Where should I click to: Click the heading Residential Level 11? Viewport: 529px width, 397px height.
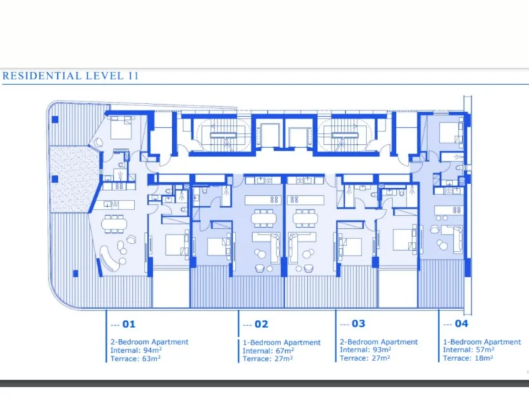pyautogui.click(x=70, y=76)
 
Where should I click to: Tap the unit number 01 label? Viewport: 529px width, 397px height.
pyautogui.click(x=129, y=325)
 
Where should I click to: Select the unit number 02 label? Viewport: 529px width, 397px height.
pyautogui.click(x=261, y=325)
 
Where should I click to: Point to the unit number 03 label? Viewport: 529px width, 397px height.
pyautogui.click(x=358, y=324)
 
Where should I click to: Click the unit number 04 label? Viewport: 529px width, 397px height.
pyautogui.click(x=461, y=324)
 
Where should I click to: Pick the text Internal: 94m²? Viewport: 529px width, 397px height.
pyautogui.click(x=136, y=350)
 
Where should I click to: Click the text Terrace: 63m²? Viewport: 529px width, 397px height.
pyautogui.click(x=135, y=358)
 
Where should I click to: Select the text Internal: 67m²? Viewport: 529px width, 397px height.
pyautogui.click(x=268, y=351)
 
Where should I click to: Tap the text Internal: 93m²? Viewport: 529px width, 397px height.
pyautogui.click(x=365, y=349)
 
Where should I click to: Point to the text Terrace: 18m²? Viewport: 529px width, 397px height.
pyautogui.click(x=468, y=358)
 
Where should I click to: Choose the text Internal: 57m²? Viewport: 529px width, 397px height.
pyautogui.click(x=468, y=349)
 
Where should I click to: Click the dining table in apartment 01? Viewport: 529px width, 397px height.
pyautogui.click(x=115, y=224)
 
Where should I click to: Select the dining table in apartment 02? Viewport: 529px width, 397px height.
pyautogui.click(x=264, y=218)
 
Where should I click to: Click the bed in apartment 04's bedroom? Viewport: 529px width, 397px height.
pyautogui.click(x=450, y=132)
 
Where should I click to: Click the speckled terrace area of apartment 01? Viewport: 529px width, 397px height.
pyautogui.click(x=72, y=179)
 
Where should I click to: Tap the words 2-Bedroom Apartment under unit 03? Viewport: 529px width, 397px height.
pyautogui.click(x=379, y=342)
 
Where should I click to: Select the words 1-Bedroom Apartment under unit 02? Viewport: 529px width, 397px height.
pyautogui.click(x=282, y=343)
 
